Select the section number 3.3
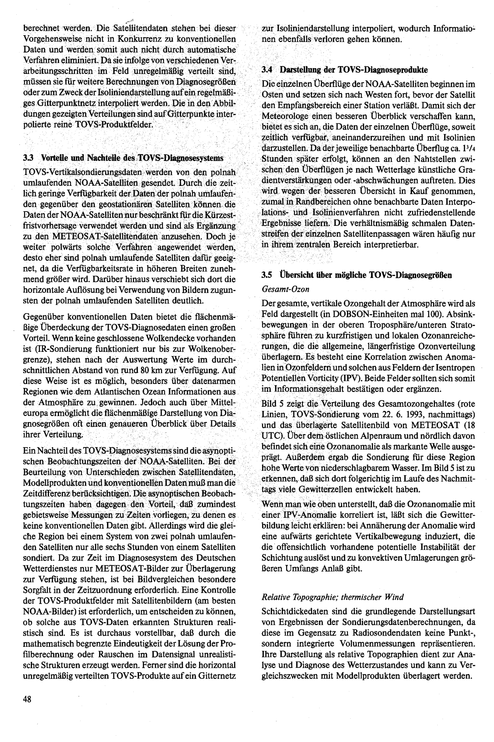[27, 158]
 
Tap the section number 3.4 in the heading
[267, 70]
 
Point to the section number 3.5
[267, 275]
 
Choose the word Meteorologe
[285, 116]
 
